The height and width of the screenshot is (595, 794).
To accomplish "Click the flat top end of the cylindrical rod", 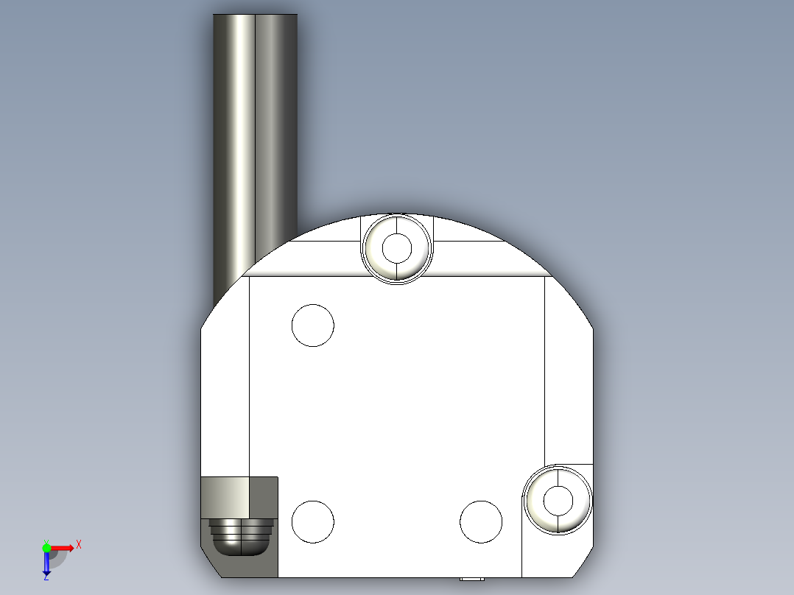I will (255, 14).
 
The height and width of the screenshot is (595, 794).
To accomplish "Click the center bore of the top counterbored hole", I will (398, 248).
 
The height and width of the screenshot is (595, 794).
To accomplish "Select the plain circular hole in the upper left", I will (313, 325).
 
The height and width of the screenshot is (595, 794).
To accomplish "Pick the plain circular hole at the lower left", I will (313, 521).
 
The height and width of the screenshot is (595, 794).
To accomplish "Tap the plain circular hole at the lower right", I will (481, 521).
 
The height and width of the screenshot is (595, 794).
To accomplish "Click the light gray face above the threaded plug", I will (225, 496).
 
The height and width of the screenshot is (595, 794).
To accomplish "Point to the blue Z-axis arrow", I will (46, 563).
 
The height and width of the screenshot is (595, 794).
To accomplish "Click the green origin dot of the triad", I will (46, 548).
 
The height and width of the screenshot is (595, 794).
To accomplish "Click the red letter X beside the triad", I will (79, 545).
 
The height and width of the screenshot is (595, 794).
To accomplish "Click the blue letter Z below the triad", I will (46, 577).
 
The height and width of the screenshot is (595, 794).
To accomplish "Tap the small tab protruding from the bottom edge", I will (471, 580).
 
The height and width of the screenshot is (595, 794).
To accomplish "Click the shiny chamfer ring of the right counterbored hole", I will (538, 513).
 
